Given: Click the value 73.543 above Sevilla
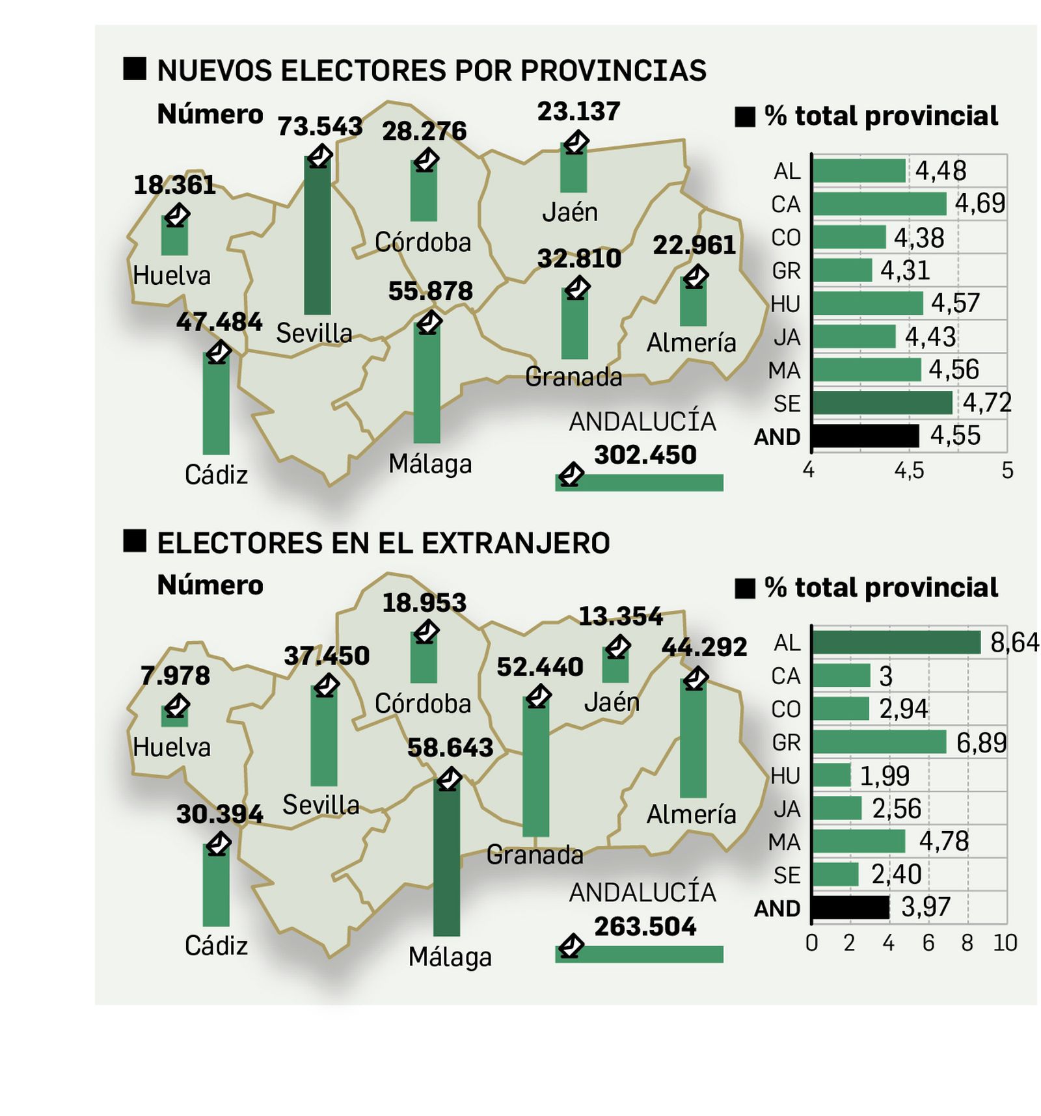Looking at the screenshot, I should pos(319,126).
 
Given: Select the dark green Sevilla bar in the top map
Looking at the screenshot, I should pos(318,237).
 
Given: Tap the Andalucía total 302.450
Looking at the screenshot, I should pos(645,455).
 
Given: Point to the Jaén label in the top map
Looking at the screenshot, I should pos(570,212).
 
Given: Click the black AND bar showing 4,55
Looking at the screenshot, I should pos(865,436).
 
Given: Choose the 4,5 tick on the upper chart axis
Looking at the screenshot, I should pos(909,470).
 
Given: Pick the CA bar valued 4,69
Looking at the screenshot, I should pos(879,204).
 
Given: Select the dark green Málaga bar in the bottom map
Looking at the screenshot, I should pos(446,858).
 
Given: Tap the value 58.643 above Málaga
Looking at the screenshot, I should pos(450,748).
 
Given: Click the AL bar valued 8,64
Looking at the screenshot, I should pos(896,643).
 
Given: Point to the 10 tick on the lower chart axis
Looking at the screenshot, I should pos(1005,942).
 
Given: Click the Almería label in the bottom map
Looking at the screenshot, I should pos(691,814).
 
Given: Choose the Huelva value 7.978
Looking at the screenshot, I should pos(175,676).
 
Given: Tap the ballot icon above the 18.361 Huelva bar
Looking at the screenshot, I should pos(176,215).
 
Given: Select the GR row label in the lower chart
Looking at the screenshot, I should pos(786,743).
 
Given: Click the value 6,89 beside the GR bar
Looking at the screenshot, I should pos(981,743).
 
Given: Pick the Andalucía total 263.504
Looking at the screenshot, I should pos(645,926).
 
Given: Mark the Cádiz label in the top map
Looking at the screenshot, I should pos(216,475).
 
